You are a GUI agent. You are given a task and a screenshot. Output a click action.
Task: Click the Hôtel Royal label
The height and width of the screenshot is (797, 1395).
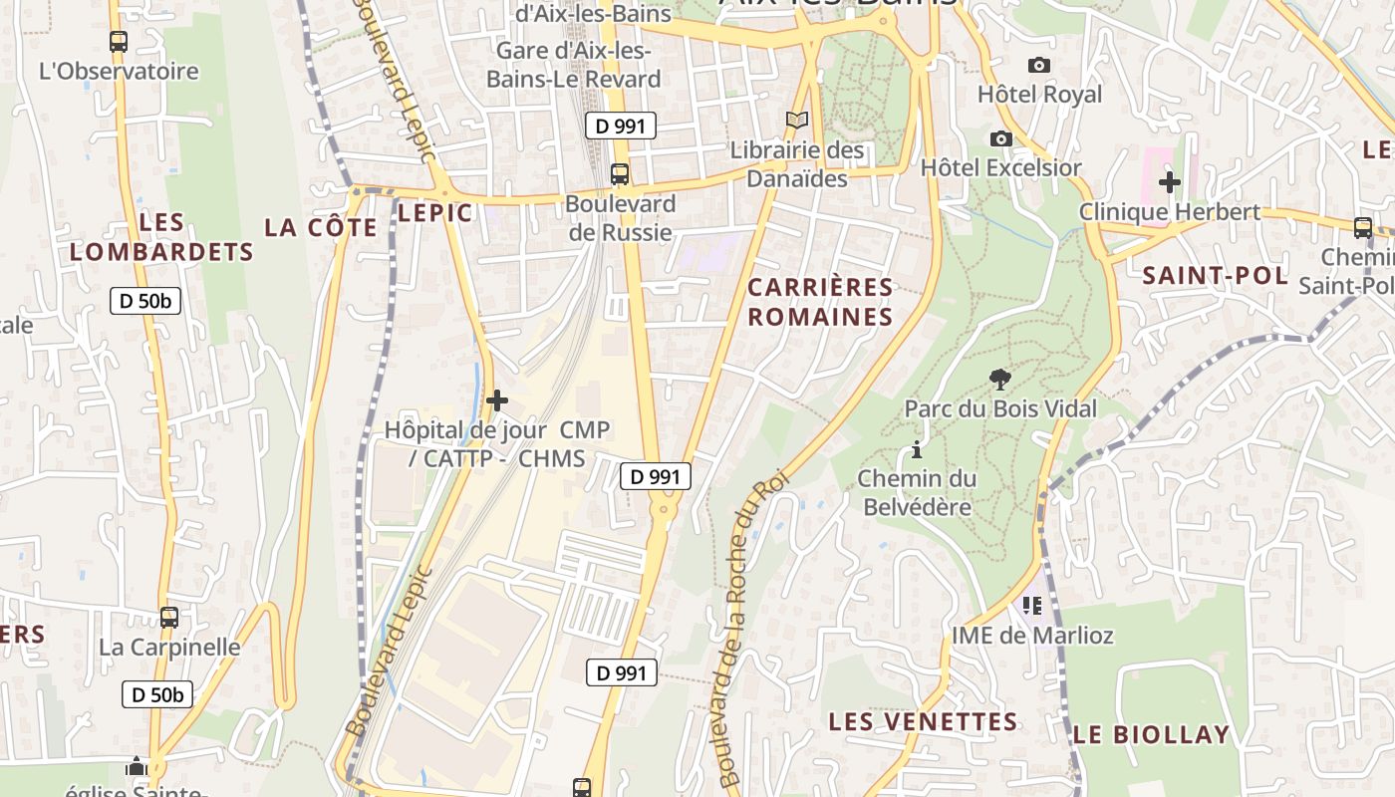coord(1039,95)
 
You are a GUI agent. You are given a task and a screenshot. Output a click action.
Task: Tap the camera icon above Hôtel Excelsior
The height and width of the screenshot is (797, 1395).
coord(1001,138)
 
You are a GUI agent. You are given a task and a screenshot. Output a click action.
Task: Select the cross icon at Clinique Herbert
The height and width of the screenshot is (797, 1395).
coord(1170,182)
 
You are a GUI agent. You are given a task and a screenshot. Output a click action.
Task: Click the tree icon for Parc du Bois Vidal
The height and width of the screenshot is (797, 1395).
coord(999,379)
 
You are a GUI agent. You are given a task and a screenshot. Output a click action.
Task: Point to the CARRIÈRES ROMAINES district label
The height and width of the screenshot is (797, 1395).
coord(820,302)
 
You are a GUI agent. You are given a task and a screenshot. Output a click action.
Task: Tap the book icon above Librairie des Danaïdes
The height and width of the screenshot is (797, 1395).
coord(797,120)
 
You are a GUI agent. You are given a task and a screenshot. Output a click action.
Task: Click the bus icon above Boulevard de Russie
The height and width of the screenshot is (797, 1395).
coord(620,173)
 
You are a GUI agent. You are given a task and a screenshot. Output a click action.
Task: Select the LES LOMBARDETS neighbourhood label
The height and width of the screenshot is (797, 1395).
coord(161,237)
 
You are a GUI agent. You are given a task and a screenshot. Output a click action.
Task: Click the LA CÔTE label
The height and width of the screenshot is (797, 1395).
coord(321,227)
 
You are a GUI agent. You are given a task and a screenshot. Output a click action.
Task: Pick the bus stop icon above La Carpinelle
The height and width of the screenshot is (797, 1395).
coord(169,617)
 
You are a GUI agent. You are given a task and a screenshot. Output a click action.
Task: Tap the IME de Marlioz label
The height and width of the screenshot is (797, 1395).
coord(1032,636)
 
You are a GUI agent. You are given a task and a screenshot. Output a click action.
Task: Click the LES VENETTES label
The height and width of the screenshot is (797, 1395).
coord(923,721)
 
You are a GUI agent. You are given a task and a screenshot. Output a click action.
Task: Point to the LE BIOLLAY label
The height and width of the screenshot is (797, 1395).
coord(1151,735)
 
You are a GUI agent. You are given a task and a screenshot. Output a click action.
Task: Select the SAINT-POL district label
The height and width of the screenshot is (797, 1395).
coord(1215,275)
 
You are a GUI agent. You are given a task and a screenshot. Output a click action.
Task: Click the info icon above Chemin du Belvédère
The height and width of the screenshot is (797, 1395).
coord(917,450)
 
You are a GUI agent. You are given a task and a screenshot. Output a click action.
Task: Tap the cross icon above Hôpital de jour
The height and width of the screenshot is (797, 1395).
coord(496,400)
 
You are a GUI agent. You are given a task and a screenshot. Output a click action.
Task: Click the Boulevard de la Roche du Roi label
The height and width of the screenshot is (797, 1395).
coord(750,628)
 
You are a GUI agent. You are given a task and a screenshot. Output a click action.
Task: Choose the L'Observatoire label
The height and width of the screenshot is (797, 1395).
coord(119,72)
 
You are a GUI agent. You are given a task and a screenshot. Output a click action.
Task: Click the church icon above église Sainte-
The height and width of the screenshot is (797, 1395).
coord(137,766)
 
